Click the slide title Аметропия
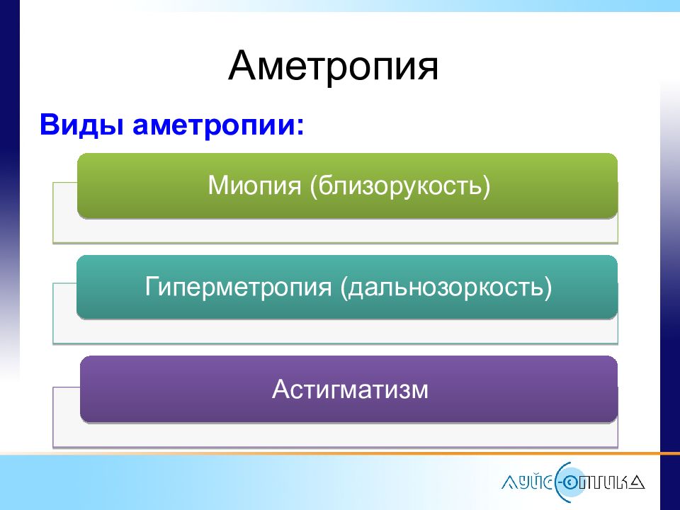[x=333, y=67]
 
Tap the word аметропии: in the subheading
[x=218, y=126]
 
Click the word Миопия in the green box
[x=254, y=186]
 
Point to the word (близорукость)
[x=399, y=186]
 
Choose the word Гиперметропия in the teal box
[x=238, y=287]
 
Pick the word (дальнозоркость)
[x=446, y=287]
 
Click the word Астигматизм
[x=350, y=389]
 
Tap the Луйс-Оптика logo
[x=573, y=482]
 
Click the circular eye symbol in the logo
[x=575, y=482]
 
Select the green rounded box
[x=347, y=185]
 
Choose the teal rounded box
[x=347, y=287]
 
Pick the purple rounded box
[x=348, y=389]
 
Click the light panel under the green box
[x=335, y=229]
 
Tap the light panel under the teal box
[x=335, y=331]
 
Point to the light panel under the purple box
[x=335, y=434]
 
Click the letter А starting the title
[x=243, y=65]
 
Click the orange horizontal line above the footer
[x=340, y=453]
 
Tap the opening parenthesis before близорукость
[x=313, y=187]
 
